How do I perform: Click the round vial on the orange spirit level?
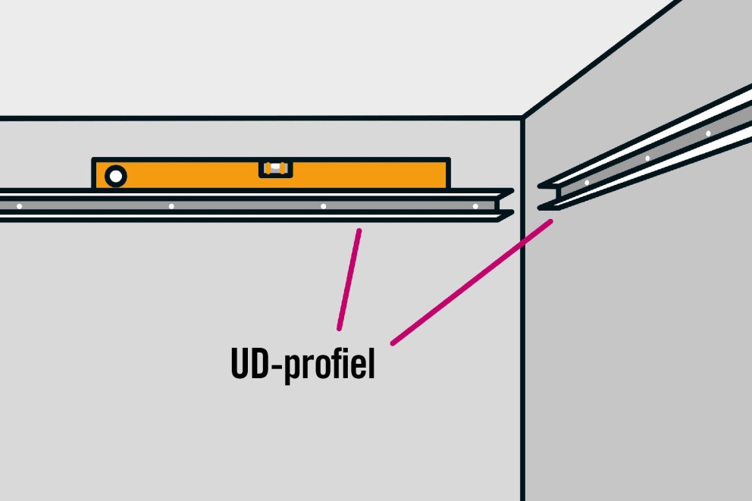(115, 177)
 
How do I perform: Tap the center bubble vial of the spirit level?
(276, 168)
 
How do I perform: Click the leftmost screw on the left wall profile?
(19, 207)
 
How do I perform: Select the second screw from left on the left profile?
(171, 207)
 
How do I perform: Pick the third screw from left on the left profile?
(323, 207)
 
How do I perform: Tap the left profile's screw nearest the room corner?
(475, 207)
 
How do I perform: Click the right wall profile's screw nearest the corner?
(587, 183)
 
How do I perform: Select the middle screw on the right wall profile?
(647, 158)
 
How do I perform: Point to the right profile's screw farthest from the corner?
(708, 133)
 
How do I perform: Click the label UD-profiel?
(302, 364)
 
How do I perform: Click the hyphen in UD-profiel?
(277, 366)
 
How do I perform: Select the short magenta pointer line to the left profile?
(349, 280)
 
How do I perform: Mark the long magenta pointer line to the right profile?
(472, 282)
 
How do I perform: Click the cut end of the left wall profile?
(505, 205)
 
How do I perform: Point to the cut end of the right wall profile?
(549, 196)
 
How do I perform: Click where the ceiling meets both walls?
(523, 117)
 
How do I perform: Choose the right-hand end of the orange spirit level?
(449, 173)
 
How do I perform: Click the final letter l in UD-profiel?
(371, 362)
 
